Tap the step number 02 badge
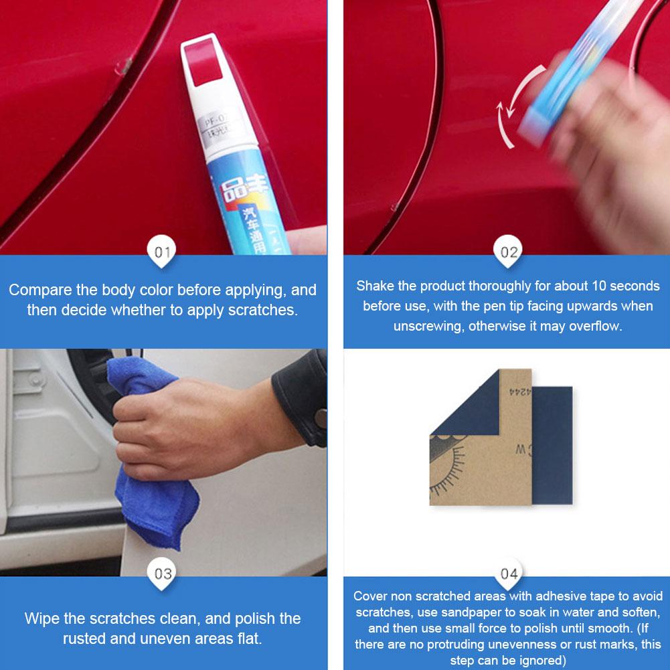pyautogui.click(x=509, y=252)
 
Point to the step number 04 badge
pyautogui.click(x=509, y=574)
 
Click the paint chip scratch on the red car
pyautogui.click(x=123, y=66)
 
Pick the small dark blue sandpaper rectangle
pyautogui.click(x=552, y=444)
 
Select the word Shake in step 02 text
pyautogui.click(x=375, y=286)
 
